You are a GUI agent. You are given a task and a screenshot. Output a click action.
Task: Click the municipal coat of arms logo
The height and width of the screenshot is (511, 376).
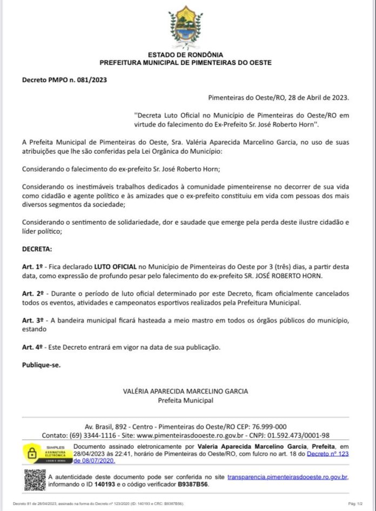click(x=185, y=28)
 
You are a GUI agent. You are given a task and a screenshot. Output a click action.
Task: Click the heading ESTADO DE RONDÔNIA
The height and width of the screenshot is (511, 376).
click(x=185, y=55)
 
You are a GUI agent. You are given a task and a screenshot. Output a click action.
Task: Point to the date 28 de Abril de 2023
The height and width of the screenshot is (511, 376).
click(x=314, y=97)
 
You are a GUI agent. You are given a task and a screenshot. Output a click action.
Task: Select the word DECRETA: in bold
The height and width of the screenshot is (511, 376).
click(x=37, y=251)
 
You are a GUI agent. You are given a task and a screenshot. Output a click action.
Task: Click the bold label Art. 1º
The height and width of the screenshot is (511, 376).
click(x=31, y=267)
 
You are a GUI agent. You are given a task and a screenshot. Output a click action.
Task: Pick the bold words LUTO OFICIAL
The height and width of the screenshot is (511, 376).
click(x=116, y=267)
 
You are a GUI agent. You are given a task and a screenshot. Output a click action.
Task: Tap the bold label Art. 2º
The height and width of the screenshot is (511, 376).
click(x=31, y=293)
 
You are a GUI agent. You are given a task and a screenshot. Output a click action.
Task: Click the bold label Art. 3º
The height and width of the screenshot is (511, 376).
click(x=31, y=320)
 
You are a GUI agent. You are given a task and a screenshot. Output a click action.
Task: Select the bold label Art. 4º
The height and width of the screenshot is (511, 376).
click(x=31, y=347)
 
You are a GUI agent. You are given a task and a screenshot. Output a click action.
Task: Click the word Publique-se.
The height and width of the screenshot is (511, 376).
click(x=41, y=365)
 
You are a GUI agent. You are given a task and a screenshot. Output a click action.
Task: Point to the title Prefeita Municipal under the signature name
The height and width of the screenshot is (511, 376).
click(x=185, y=401)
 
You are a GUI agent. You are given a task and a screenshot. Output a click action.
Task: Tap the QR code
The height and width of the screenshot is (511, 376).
click(x=35, y=480)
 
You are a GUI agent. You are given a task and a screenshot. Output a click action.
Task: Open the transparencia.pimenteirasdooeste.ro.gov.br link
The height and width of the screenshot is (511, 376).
click(x=287, y=476)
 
